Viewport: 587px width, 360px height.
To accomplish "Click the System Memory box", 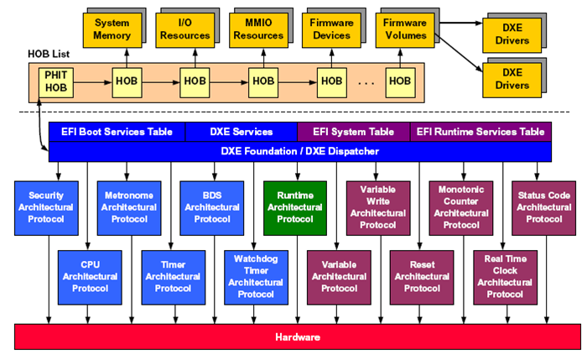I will point(112,29).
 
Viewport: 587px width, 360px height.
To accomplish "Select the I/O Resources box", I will point(184,29).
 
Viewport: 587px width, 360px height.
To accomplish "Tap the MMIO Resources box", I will point(257,29).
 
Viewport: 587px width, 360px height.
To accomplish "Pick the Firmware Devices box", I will point(331,29).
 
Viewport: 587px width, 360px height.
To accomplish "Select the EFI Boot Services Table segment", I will point(117,132).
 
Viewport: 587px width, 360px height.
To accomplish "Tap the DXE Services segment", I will point(241,132).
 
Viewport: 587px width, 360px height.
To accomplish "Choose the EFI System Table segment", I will point(353,132).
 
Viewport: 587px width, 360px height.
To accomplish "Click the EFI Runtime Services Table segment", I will point(481,132).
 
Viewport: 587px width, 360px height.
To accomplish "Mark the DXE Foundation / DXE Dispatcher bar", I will point(300,151).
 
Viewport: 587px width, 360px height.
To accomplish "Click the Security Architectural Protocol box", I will point(40,206).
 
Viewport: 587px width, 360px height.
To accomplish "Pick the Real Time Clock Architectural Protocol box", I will point(500,276).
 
